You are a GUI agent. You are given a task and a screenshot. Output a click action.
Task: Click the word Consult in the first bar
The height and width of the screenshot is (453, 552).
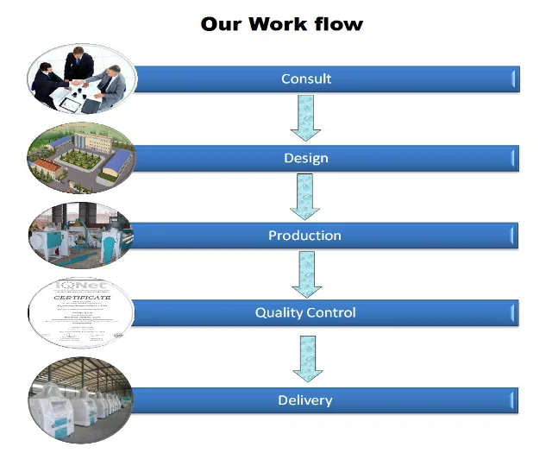coord(306,79)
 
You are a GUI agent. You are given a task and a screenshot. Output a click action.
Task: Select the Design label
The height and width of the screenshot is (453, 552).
coord(306,158)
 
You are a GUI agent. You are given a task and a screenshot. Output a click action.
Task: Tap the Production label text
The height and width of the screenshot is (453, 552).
coord(304,236)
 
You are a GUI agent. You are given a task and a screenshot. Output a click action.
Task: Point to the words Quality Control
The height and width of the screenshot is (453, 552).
coord(305,312)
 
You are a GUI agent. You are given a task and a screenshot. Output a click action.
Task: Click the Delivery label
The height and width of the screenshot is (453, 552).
coord(305,400)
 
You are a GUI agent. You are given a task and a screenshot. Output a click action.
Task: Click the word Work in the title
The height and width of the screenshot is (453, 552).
coord(276,23)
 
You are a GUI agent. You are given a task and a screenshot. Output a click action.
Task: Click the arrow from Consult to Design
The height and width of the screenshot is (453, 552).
coord(305,117)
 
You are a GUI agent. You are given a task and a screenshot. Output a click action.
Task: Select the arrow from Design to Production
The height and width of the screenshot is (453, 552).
coord(305,197)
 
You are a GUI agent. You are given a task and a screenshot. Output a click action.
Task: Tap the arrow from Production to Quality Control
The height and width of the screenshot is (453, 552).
coord(305,274)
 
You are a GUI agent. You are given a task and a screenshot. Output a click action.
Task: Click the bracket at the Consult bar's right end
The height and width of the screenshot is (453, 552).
coord(515,79)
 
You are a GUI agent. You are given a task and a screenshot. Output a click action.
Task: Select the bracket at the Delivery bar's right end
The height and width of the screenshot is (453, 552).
coord(515,400)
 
